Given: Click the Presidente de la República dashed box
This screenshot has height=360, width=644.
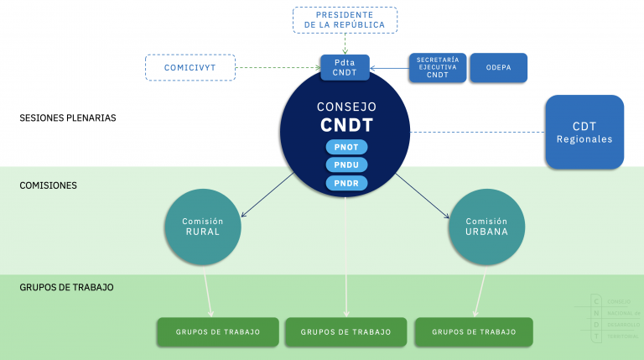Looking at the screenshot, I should point(345,20).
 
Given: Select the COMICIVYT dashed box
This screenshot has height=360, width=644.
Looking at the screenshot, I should point(190,68).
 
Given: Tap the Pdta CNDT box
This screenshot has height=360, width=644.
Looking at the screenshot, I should point(345,67).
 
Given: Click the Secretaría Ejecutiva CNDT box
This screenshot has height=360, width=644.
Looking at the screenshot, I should point(437,68).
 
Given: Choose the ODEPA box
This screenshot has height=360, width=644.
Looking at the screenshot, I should point(498,68).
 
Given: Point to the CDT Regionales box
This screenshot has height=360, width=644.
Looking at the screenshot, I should point(584,132).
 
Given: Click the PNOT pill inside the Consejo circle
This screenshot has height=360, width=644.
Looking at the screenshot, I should point(346,147).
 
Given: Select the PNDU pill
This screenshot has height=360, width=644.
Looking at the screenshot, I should point(346,164).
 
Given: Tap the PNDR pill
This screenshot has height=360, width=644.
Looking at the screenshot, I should point(346,183).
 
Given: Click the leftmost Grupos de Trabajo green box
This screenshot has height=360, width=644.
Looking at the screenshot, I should point(217,332).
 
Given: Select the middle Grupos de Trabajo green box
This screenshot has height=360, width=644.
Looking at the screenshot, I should point(346,332).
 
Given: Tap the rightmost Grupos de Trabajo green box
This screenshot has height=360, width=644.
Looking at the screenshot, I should point(474,332).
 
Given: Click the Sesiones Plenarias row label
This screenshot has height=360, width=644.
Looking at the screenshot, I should point(67,118).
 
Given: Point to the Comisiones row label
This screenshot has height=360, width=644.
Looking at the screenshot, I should point(48,185).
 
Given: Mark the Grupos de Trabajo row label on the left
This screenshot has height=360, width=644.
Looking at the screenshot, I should point(66,287).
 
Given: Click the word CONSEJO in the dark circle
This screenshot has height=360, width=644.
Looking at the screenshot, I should point(346,107).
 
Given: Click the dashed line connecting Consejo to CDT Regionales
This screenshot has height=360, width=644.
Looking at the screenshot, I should point(478,132).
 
